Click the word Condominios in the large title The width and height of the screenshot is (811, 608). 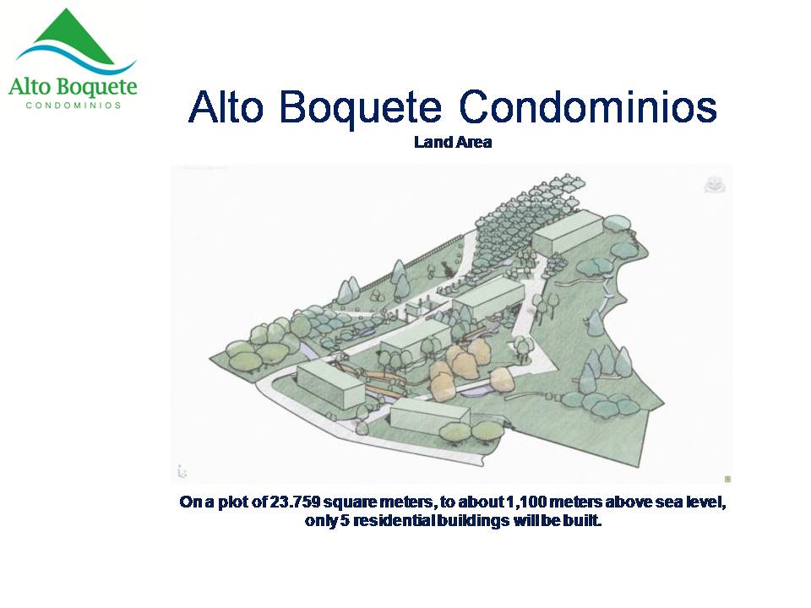[588, 107]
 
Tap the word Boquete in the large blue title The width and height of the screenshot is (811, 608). [361, 108]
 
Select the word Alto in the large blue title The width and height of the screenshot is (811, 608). [226, 107]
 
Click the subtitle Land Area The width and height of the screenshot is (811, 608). [453, 142]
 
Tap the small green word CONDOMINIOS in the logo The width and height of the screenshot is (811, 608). [73, 106]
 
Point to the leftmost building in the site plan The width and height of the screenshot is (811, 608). [330, 383]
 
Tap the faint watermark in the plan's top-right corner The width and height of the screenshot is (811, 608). [715, 185]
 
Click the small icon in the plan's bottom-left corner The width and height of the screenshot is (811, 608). [182, 471]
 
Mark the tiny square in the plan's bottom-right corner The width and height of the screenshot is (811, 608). [727, 479]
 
